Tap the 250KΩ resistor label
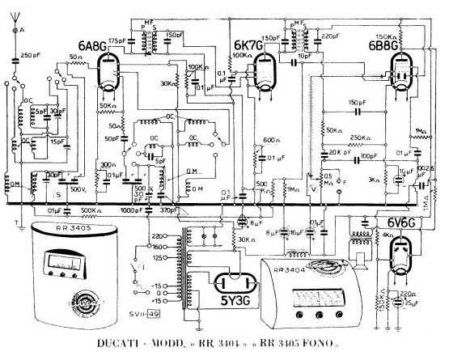360,138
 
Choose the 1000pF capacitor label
134,210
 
